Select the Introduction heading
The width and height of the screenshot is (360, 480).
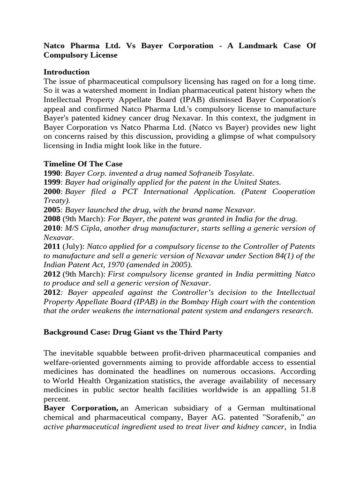pyautogui.click(x=67, y=72)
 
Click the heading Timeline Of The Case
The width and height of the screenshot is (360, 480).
pyautogui.click(x=83, y=164)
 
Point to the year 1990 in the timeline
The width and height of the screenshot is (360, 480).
pyautogui.click(x=52, y=173)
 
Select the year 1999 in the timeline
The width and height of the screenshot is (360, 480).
pyautogui.click(x=52, y=182)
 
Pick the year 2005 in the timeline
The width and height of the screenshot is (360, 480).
pyautogui.click(x=52, y=210)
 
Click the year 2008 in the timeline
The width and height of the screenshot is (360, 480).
pyautogui.click(x=52, y=219)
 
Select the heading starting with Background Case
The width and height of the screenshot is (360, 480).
pyautogui.click(x=133, y=332)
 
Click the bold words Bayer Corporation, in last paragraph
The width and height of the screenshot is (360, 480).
pyautogui.click(x=81, y=408)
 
